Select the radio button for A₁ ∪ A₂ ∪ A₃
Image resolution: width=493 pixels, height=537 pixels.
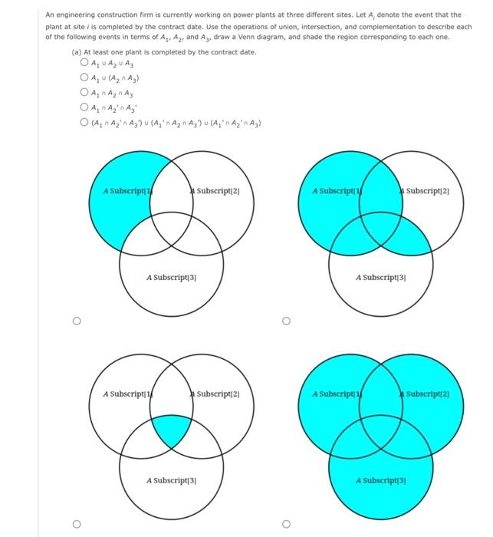point(84,64)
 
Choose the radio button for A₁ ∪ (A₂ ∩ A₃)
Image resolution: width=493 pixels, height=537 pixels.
point(84,77)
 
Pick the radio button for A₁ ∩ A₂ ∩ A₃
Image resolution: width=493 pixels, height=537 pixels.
point(84,91)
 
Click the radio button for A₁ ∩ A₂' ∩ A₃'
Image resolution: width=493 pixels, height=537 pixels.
point(84,105)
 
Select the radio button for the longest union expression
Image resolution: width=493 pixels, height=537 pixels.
point(84,119)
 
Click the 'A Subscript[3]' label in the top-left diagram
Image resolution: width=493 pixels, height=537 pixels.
point(172,277)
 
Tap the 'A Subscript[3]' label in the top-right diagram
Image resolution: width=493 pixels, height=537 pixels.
point(381,277)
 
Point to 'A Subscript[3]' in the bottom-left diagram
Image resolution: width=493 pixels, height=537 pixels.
point(172,480)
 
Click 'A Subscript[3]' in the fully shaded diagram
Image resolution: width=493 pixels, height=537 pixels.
point(381,480)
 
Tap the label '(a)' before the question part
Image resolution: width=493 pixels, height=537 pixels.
point(75,51)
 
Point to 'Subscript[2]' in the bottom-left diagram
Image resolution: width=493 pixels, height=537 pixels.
point(219,394)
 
